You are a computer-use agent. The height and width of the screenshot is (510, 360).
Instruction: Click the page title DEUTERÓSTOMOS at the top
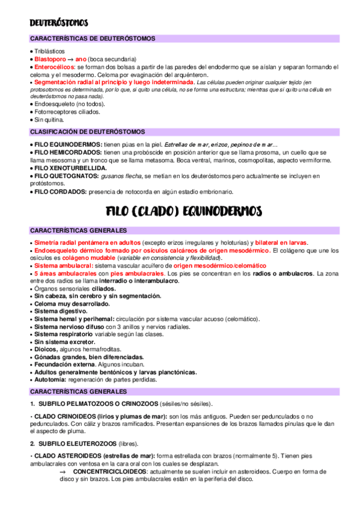pos(59,23)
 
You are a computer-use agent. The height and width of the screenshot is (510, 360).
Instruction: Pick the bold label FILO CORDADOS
pos(59,192)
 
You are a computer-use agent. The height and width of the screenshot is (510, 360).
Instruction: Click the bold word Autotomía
pos(52,380)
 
